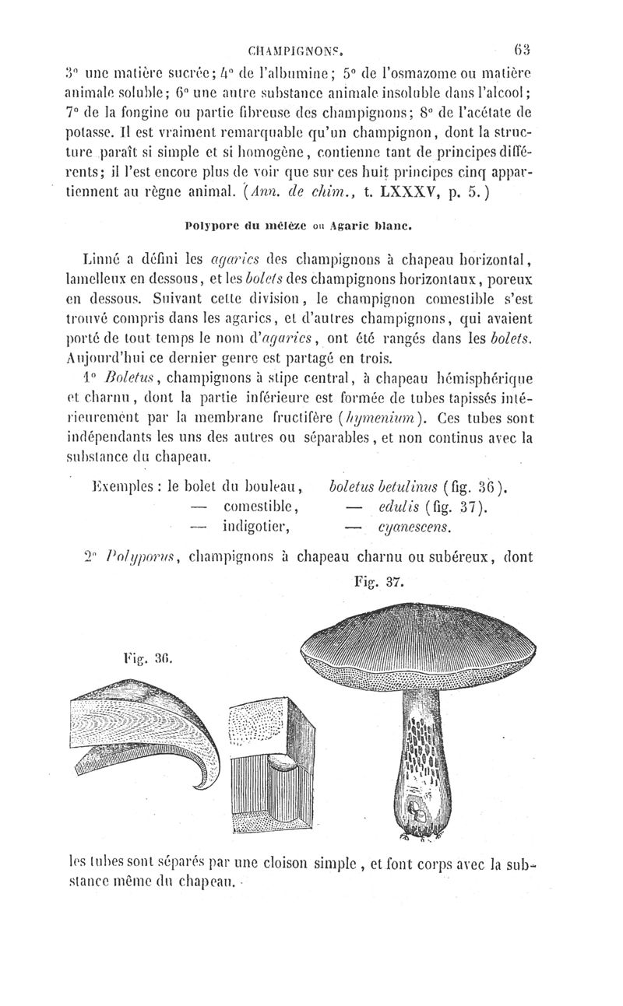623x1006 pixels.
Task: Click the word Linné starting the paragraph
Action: point(106,258)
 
